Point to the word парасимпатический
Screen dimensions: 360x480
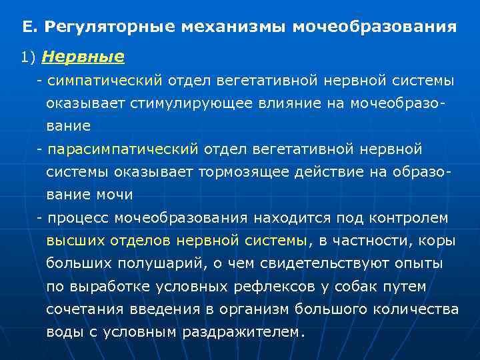123,149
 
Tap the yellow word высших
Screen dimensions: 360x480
69,241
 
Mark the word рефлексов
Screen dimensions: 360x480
271,287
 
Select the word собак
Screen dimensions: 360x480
353,287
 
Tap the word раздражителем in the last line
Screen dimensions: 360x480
243,332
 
